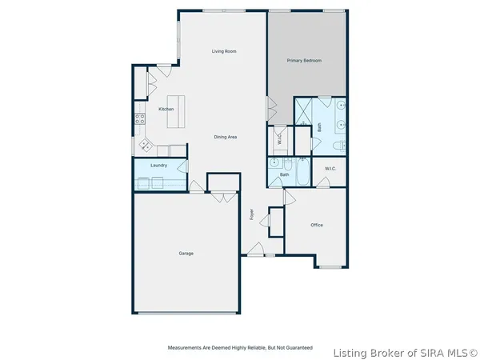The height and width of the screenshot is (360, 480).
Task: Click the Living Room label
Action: [x=224, y=51]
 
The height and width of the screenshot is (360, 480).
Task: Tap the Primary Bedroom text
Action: [x=304, y=60]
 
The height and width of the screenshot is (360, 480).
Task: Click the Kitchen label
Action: [x=166, y=109]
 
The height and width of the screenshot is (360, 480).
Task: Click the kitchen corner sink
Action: [x=146, y=146]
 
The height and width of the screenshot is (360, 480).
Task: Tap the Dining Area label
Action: [x=225, y=137]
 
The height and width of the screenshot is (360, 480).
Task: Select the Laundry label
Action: [x=158, y=166]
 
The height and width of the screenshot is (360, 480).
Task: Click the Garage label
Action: [x=186, y=254]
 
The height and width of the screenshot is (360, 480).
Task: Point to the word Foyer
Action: [x=251, y=214]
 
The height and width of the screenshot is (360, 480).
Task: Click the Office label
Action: [x=317, y=225]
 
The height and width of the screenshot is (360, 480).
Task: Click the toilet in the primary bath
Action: [x=338, y=145]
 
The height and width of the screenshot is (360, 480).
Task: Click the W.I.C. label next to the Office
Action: [x=330, y=169]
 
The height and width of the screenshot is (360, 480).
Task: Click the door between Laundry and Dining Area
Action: [x=183, y=166]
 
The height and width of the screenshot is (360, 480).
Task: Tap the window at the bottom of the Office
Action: [x=330, y=266]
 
